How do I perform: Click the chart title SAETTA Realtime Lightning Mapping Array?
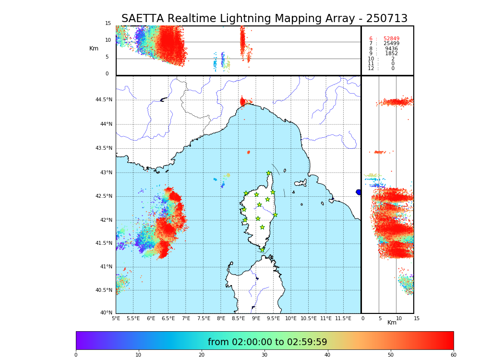264,19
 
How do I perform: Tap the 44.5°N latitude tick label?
103,100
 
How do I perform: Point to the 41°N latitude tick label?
105,267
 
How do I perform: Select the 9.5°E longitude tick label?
273,318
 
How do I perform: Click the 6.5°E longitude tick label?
168,318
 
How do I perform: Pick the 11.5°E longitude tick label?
343,318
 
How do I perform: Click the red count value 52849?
391,39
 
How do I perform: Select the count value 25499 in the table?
391,44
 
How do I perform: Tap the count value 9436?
391,49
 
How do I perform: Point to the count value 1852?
391,54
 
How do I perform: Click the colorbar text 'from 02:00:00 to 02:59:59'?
267,342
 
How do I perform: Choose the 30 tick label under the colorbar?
264,355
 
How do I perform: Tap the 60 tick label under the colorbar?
453,355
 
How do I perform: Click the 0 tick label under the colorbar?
76,355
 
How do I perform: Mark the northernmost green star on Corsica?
269,173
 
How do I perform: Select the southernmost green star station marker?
262,250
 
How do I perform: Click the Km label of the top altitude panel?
94,48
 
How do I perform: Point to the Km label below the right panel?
392,323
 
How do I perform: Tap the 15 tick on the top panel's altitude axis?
108,24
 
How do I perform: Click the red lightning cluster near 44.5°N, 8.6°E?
242,102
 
